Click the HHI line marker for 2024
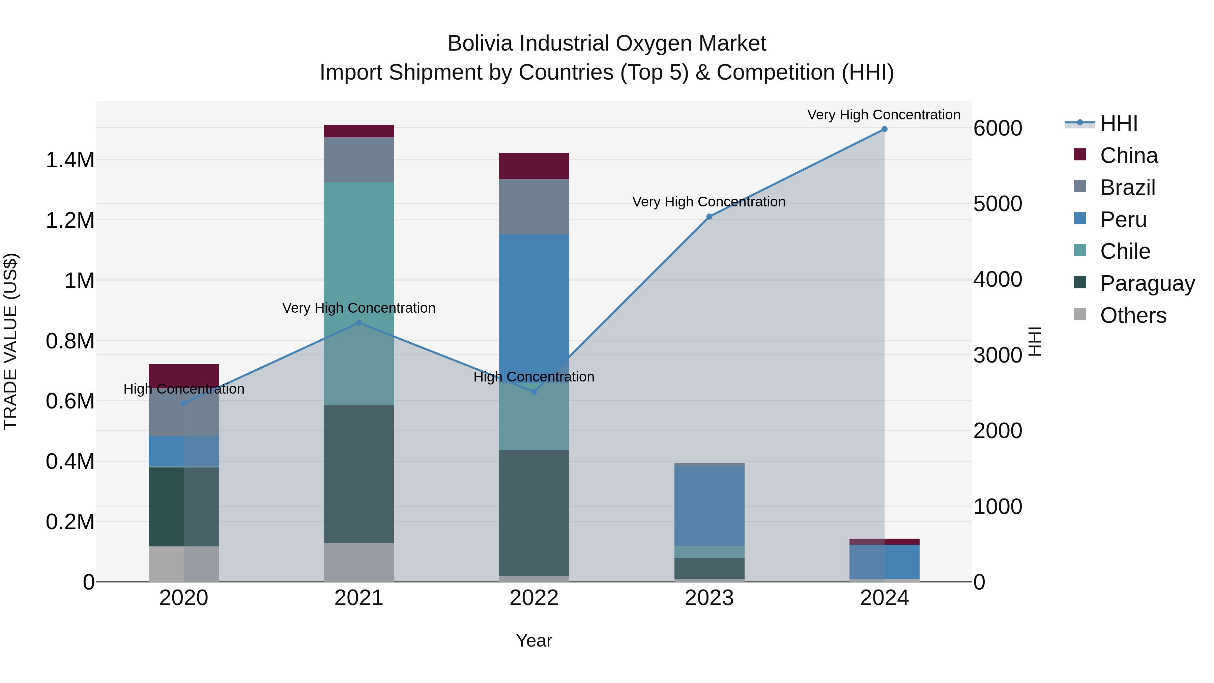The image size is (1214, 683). coord(884,129)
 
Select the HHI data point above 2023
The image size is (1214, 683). coord(709,217)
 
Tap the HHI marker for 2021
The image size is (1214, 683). coord(359,323)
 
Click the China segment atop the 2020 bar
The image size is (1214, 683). coord(184,376)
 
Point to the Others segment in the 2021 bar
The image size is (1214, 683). coord(359,562)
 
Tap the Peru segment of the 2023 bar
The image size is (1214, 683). coord(709,505)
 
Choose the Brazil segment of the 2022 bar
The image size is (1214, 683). coord(534,206)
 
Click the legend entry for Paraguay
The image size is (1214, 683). coord(1147,283)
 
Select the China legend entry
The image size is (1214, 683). coord(1128,155)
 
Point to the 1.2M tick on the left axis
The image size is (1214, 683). coord(70,221)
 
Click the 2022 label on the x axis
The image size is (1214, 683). coord(534,598)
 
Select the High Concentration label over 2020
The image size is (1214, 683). coord(184,389)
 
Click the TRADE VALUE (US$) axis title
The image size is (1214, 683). coord(11,341)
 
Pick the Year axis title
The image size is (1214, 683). coord(534,641)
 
